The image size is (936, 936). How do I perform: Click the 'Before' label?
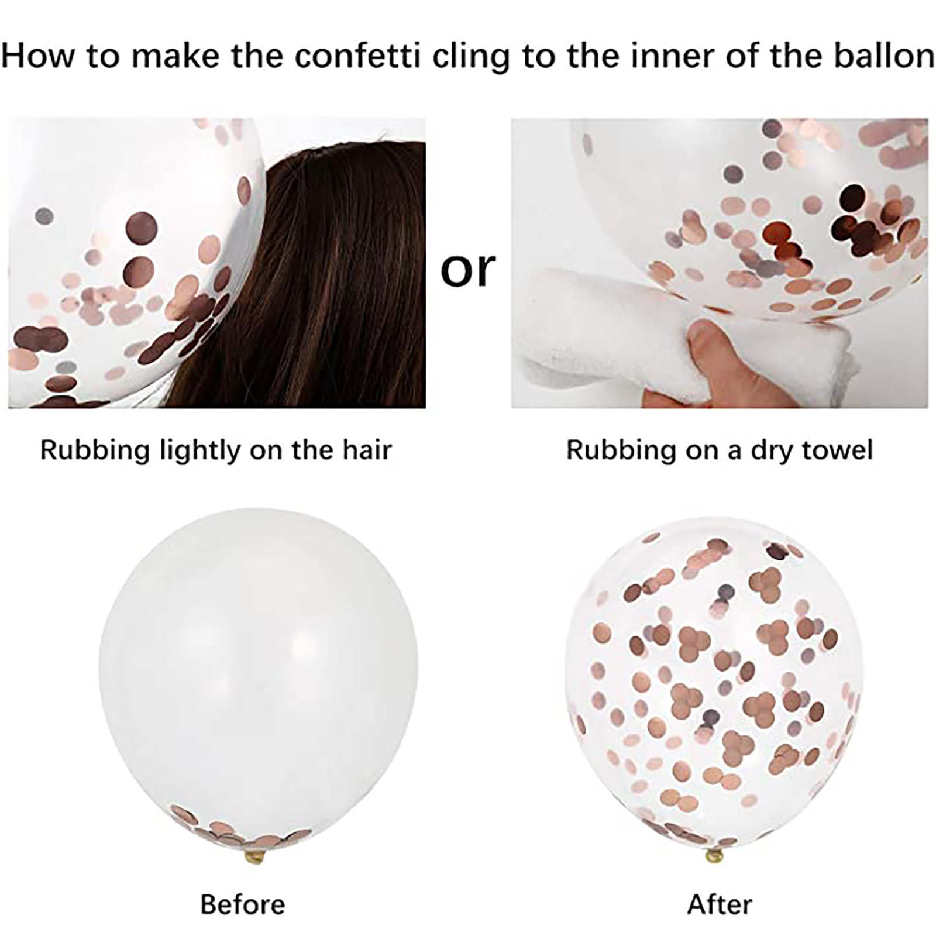[x=243, y=904]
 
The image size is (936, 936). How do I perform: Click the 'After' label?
[x=720, y=904]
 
